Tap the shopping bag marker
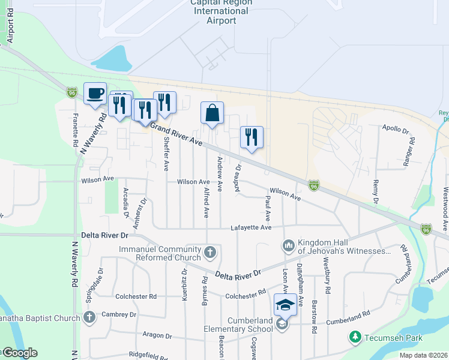212,113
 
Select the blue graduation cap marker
285,305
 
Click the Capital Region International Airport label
220,11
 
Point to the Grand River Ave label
176,134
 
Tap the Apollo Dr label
396,129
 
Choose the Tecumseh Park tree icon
355,337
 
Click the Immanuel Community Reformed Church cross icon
210,253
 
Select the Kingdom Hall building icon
288,245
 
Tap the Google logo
20,353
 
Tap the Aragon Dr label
157,336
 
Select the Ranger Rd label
410,152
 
